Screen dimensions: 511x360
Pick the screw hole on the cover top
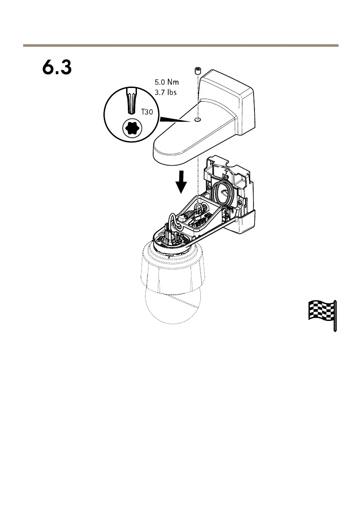(197, 121)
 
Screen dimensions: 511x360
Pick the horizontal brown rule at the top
(180, 45)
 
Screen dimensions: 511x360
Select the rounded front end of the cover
(165, 150)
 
